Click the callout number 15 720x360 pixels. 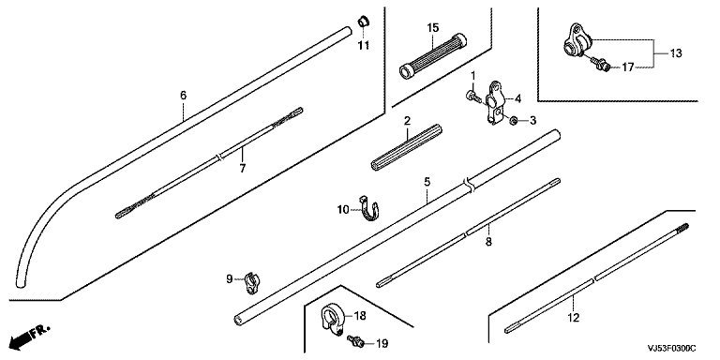pos(433,28)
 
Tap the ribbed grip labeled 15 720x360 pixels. pos(433,55)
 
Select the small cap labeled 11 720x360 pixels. pos(364,21)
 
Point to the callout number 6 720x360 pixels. pos(183,96)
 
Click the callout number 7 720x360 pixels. pos(243,169)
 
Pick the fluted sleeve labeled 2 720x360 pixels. pos(407,147)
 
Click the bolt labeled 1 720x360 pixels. pos(472,96)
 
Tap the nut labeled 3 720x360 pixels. pos(514,121)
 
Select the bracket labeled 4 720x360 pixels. pos(495,103)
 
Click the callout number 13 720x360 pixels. pos(675,53)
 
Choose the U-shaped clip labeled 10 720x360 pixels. pos(369,209)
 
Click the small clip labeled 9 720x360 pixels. pos(250,283)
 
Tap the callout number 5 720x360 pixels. pos(427,182)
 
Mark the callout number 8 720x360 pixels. pos(488,242)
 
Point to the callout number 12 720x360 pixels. pos(574,317)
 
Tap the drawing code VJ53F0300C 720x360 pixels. pos(672,350)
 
